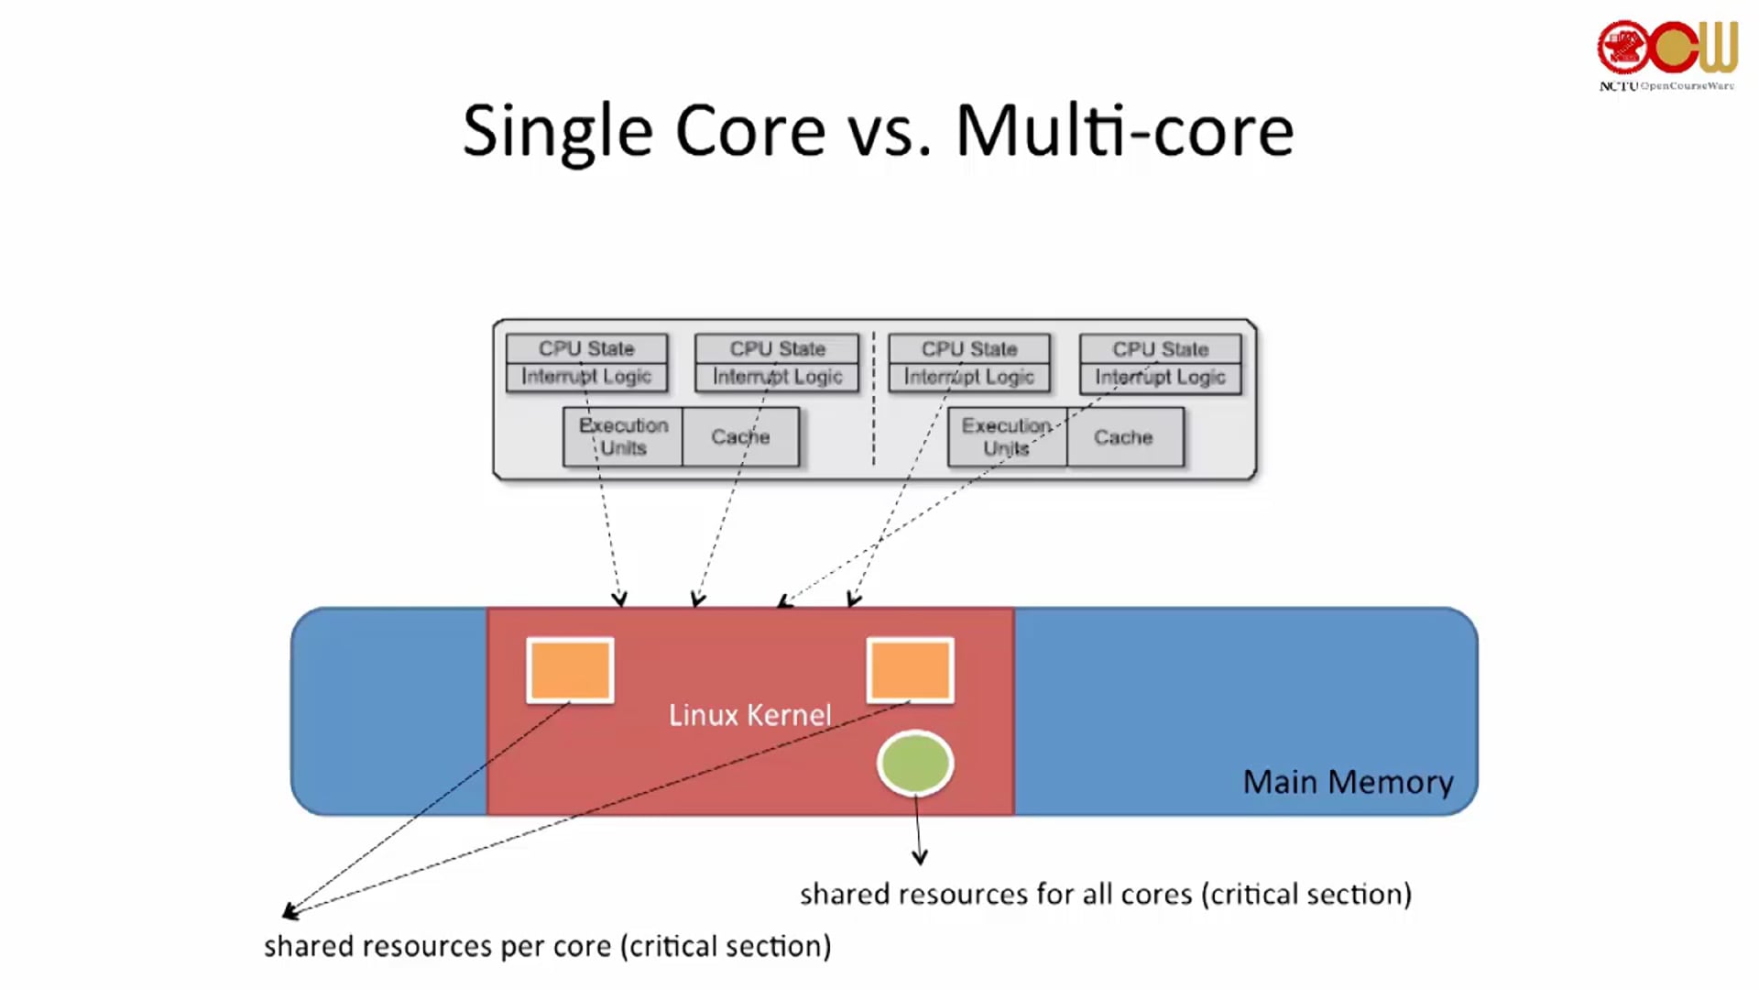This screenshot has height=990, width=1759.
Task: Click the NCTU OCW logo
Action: point(1667,53)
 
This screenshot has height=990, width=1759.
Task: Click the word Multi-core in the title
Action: point(1124,131)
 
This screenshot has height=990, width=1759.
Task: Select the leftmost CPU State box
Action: point(586,348)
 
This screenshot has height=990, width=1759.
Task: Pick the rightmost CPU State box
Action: point(1160,349)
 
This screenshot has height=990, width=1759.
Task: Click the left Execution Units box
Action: point(623,437)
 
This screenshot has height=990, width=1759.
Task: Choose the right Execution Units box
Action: point(1007,437)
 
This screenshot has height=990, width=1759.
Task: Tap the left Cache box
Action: point(740,437)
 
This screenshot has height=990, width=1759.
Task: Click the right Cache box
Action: point(1124,437)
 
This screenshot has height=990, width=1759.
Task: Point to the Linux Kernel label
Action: point(749,715)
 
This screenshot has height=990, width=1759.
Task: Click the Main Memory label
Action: point(1348,782)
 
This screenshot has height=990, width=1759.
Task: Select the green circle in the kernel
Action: point(915,764)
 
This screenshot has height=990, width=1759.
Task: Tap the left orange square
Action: point(570,670)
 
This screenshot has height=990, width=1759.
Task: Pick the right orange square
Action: point(910,670)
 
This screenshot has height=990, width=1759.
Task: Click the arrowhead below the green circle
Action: point(920,858)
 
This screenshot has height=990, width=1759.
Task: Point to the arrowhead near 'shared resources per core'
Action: point(290,911)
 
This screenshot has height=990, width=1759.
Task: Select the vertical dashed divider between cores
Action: point(873,399)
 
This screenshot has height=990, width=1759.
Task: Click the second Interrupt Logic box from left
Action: point(777,377)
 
